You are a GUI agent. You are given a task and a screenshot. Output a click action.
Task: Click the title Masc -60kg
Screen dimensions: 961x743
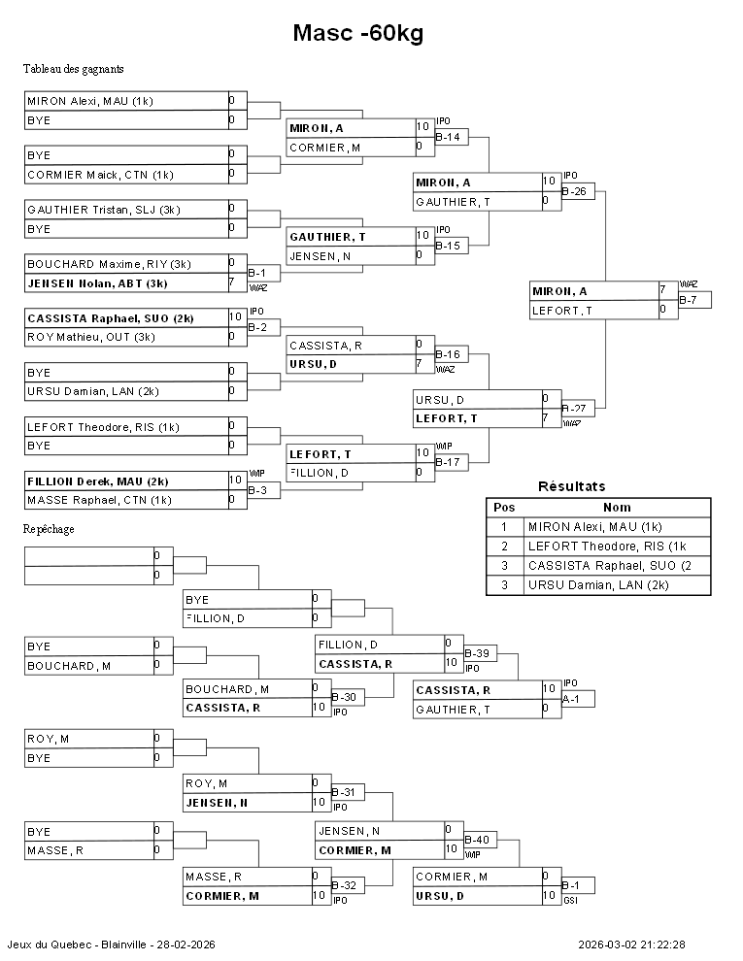(x=358, y=34)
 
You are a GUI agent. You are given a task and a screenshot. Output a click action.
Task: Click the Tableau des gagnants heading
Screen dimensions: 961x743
(x=73, y=69)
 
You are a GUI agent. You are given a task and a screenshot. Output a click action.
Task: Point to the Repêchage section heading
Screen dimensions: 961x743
(x=49, y=529)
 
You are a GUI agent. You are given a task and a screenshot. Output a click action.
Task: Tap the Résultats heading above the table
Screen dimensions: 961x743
(x=571, y=486)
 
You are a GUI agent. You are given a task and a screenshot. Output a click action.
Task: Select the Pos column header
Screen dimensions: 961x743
(x=504, y=507)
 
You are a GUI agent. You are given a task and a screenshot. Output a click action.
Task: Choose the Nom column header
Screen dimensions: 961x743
(x=617, y=507)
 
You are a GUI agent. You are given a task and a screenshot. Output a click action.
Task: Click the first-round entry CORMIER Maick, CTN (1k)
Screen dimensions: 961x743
(x=100, y=175)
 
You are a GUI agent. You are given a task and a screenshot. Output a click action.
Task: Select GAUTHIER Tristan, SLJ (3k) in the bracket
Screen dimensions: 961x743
(x=103, y=210)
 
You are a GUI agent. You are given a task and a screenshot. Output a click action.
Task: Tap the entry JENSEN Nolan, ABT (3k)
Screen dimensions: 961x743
(x=97, y=283)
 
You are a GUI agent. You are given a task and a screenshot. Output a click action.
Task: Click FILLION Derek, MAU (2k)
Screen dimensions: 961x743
(x=97, y=480)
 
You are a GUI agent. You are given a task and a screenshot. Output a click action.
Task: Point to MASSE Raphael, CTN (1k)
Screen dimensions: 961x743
(x=99, y=500)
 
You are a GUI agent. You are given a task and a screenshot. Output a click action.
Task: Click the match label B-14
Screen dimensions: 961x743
(x=448, y=137)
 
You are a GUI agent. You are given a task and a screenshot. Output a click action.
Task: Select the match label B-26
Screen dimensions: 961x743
(x=576, y=191)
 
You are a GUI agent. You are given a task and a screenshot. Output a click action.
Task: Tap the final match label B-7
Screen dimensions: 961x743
(x=689, y=300)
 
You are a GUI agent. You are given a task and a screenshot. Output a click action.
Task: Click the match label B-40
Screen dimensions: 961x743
(x=477, y=840)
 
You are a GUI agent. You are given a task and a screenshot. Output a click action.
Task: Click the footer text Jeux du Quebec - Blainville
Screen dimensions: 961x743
(x=111, y=944)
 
